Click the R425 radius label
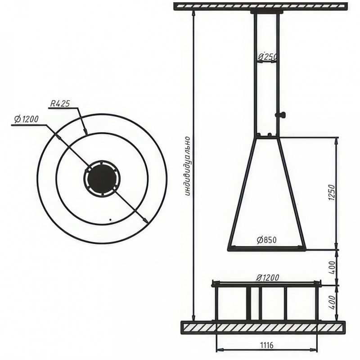point(60,104)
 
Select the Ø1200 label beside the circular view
point(26,119)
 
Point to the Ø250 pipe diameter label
point(267,56)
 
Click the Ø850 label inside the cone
point(267,240)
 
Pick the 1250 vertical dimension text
point(332,193)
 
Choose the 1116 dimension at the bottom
point(266,345)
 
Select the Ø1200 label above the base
point(267,278)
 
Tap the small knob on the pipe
point(282,114)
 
